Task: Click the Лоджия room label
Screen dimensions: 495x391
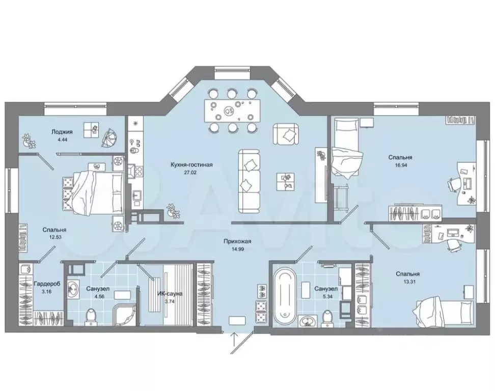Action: pyautogui.click(x=62, y=131)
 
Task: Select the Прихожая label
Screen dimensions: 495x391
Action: pyautogui.click(x=237, y=241)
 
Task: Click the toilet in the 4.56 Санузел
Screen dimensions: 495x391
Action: pyautogui.click(x=92, y=316)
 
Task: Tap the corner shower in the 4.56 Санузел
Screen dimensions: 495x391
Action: pyautogui.click(x=124, y=314)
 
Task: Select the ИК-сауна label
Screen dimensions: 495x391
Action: pyautogui.click(x=170, y=293)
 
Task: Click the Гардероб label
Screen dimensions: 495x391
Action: pyautogui.click(x=46, y=284)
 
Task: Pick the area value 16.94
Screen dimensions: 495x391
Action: pyautogui.click(x=400, y=165)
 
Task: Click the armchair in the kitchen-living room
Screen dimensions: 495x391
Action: pyautogui.click(x=286, y=134)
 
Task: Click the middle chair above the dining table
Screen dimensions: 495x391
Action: pyautogui.click(x=232, y=93)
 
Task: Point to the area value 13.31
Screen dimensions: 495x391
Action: pyautogui.click(x=408, y=282)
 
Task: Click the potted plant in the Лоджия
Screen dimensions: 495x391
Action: pyautogui.click(x=29, y=141)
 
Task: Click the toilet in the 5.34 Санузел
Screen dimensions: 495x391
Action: pyautogui.click(x=327, y=317)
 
